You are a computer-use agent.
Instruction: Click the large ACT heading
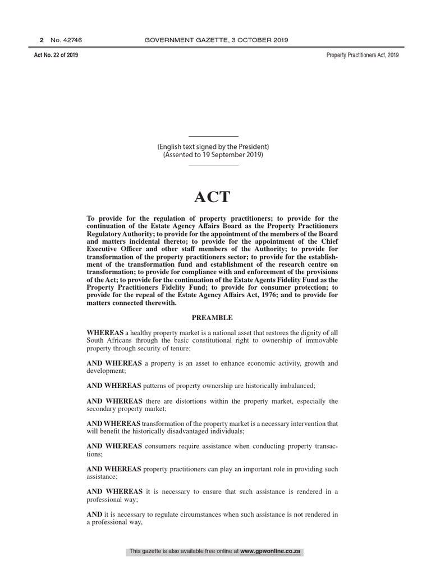pyautogui.click(x=212, y=197)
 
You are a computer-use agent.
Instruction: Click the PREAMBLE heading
pyautogui.click(x=212, y=318)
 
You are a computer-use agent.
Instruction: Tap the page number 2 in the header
pyautogui.click(x=41, y=40)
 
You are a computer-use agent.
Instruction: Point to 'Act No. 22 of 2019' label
pyautogui.click(x=56, y=55)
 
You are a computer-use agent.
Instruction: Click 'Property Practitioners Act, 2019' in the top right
pyautogui.click(x=363, y=55)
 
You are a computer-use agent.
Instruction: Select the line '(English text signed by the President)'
pyautogui.click(x=213, y=147)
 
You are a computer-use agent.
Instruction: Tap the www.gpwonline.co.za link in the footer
pyautogui.click(x=271, y=552)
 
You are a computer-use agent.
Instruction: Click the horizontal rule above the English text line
pyautogui.click(x=213, y=136)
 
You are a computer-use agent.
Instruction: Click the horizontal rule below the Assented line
pyautogui.click(x=213, y=165)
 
